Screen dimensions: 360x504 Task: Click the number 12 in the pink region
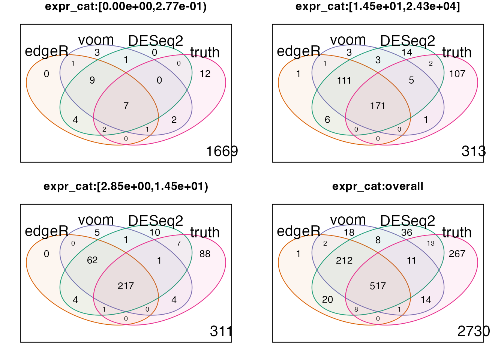tap(205, 74)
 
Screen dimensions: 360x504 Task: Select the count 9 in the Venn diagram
tap(92, 80)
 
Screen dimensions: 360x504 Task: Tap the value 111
tap(344, 80)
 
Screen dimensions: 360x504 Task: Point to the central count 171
tap(378, 106)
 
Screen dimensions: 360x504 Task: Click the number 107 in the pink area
tap(457, 74)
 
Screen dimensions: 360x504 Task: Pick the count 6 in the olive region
tap(327, 120)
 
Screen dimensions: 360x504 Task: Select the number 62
tap(92, 260)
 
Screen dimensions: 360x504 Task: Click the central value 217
tap(126, 286)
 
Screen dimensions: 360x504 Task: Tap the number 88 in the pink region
tap(205, 254)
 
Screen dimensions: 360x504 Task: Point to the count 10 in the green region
tap(155, 232)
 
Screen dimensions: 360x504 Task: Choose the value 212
tap(344, 260)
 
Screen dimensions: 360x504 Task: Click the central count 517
tap(378, 286)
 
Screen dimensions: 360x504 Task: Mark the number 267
tap(457, 254)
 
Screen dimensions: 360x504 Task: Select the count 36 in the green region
tap(407, 232)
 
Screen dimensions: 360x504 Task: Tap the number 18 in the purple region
tap(349, 232)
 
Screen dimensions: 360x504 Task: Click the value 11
tap(411, 260)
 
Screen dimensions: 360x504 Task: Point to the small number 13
tap(430, 243)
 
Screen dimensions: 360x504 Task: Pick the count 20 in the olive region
tap(327, 300)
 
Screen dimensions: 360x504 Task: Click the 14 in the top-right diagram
tap(407, 52)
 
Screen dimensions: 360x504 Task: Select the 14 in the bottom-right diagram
tap(426, 300)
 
